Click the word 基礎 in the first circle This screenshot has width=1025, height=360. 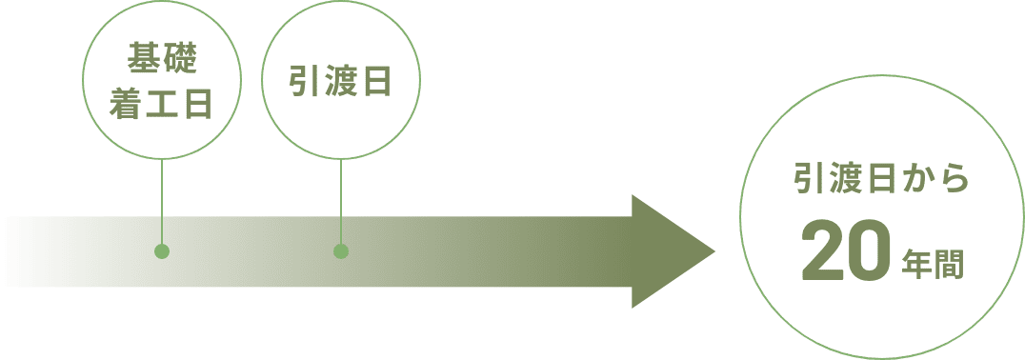pyautogui.click(x=161, y=62)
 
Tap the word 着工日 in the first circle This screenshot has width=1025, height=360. pyautogui.click(x=161, y=106)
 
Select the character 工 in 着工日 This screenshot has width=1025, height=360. pyautogui.click(x=161, y=106)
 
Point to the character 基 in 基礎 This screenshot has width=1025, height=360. pyautogui.click(x=143, y=62)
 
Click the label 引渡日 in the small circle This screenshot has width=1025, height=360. pyautogui.click(x=341, y=83)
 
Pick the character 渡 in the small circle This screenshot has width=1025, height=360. pyautogui.click(x=341, y=83)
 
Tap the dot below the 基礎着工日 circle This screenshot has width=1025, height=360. pyautogui.click(x=162, y=251)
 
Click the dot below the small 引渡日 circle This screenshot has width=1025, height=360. pyautogui.click(x=341, y=251)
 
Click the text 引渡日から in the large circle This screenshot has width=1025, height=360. pyautogui.click(x=881, y=181)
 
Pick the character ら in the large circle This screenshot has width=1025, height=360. pyautogui.click(x=955, y=181)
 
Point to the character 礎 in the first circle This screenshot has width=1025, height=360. pyautogui.click(x=180, y=62)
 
